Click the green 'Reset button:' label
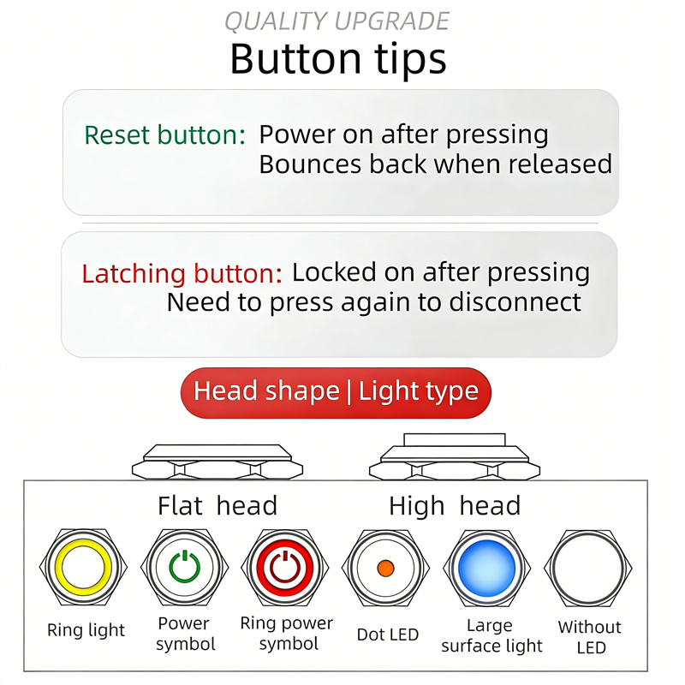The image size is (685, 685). [164, 134]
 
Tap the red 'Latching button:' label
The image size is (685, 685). [182, 273]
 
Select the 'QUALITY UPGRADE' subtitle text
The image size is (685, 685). [337, 21]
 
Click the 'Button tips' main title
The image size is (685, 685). [338, 58]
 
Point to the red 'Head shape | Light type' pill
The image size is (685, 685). [336, 392]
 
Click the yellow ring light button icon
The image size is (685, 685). [83, 568]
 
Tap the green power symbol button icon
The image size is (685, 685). [184, 568]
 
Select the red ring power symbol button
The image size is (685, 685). [285, 568]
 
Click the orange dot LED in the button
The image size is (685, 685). [385, 568]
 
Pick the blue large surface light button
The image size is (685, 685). [486, 568]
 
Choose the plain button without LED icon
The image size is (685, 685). [588, 568]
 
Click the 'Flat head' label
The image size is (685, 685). [217, 505]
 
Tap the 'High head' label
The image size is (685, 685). [455, 506]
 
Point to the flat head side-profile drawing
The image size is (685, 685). [217, 462]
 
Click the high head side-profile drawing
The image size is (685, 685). [455, 457]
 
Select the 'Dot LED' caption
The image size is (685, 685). [388, 634]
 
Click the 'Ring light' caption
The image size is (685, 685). [86, 630]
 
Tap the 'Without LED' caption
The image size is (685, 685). [590, 637]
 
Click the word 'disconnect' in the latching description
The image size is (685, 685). [515, 302]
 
